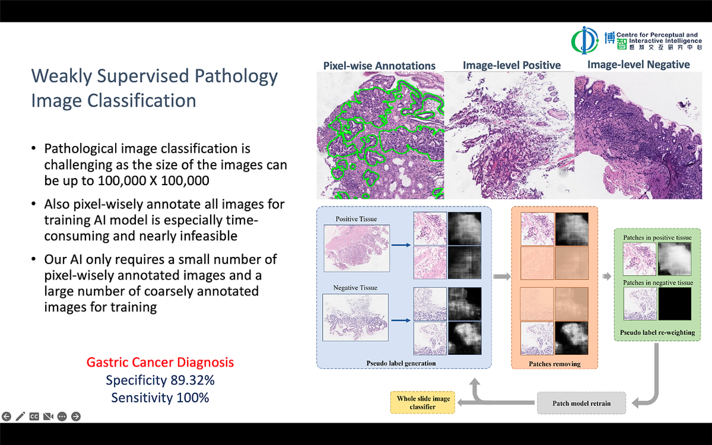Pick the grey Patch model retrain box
coord(581,403)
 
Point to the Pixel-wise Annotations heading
coord(379,66)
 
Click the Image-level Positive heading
coord(512,65)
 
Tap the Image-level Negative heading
coord(638,64)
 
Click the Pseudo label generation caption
coord(401,363)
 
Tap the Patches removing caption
coord(555,364)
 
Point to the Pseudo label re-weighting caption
coord(657,333)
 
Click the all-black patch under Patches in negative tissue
coord(675,304)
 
